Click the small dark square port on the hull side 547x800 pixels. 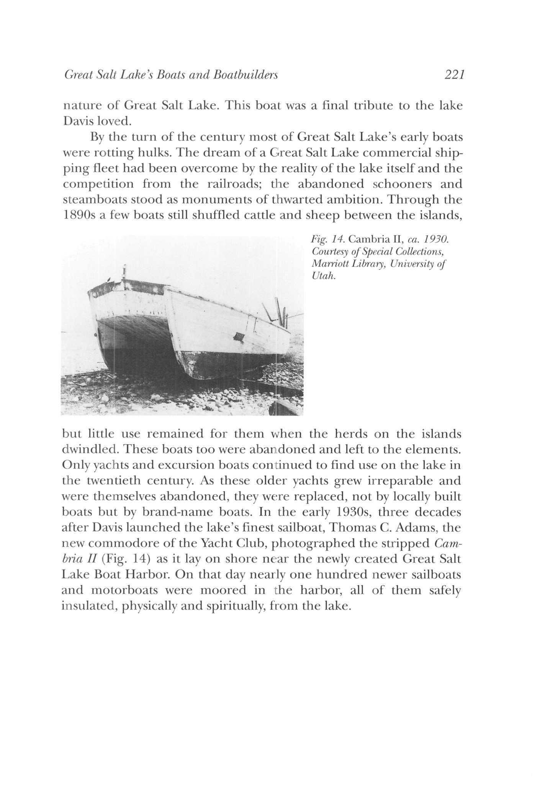pyautogui.click(x=239, y=337)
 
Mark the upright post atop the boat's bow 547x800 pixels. pyautogui.click(x=124, y=273)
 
